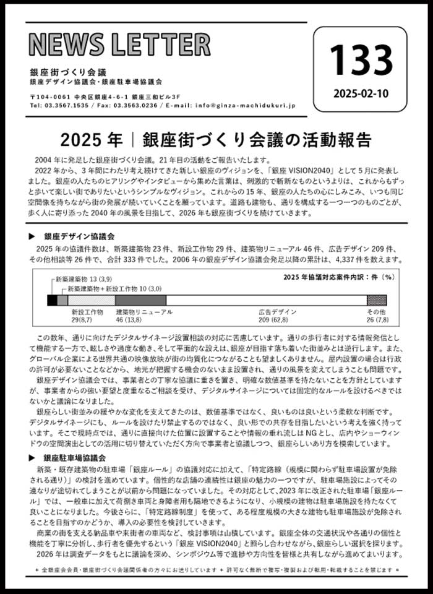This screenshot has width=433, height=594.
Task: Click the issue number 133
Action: [360, 60]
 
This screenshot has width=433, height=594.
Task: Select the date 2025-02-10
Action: [360, 93]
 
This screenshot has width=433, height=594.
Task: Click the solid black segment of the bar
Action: [52, 300]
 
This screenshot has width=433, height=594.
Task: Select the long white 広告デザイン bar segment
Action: [267, 300]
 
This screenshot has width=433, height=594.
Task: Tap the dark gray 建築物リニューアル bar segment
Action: [140, 300]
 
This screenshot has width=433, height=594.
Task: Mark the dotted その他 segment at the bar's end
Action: [377, 300]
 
